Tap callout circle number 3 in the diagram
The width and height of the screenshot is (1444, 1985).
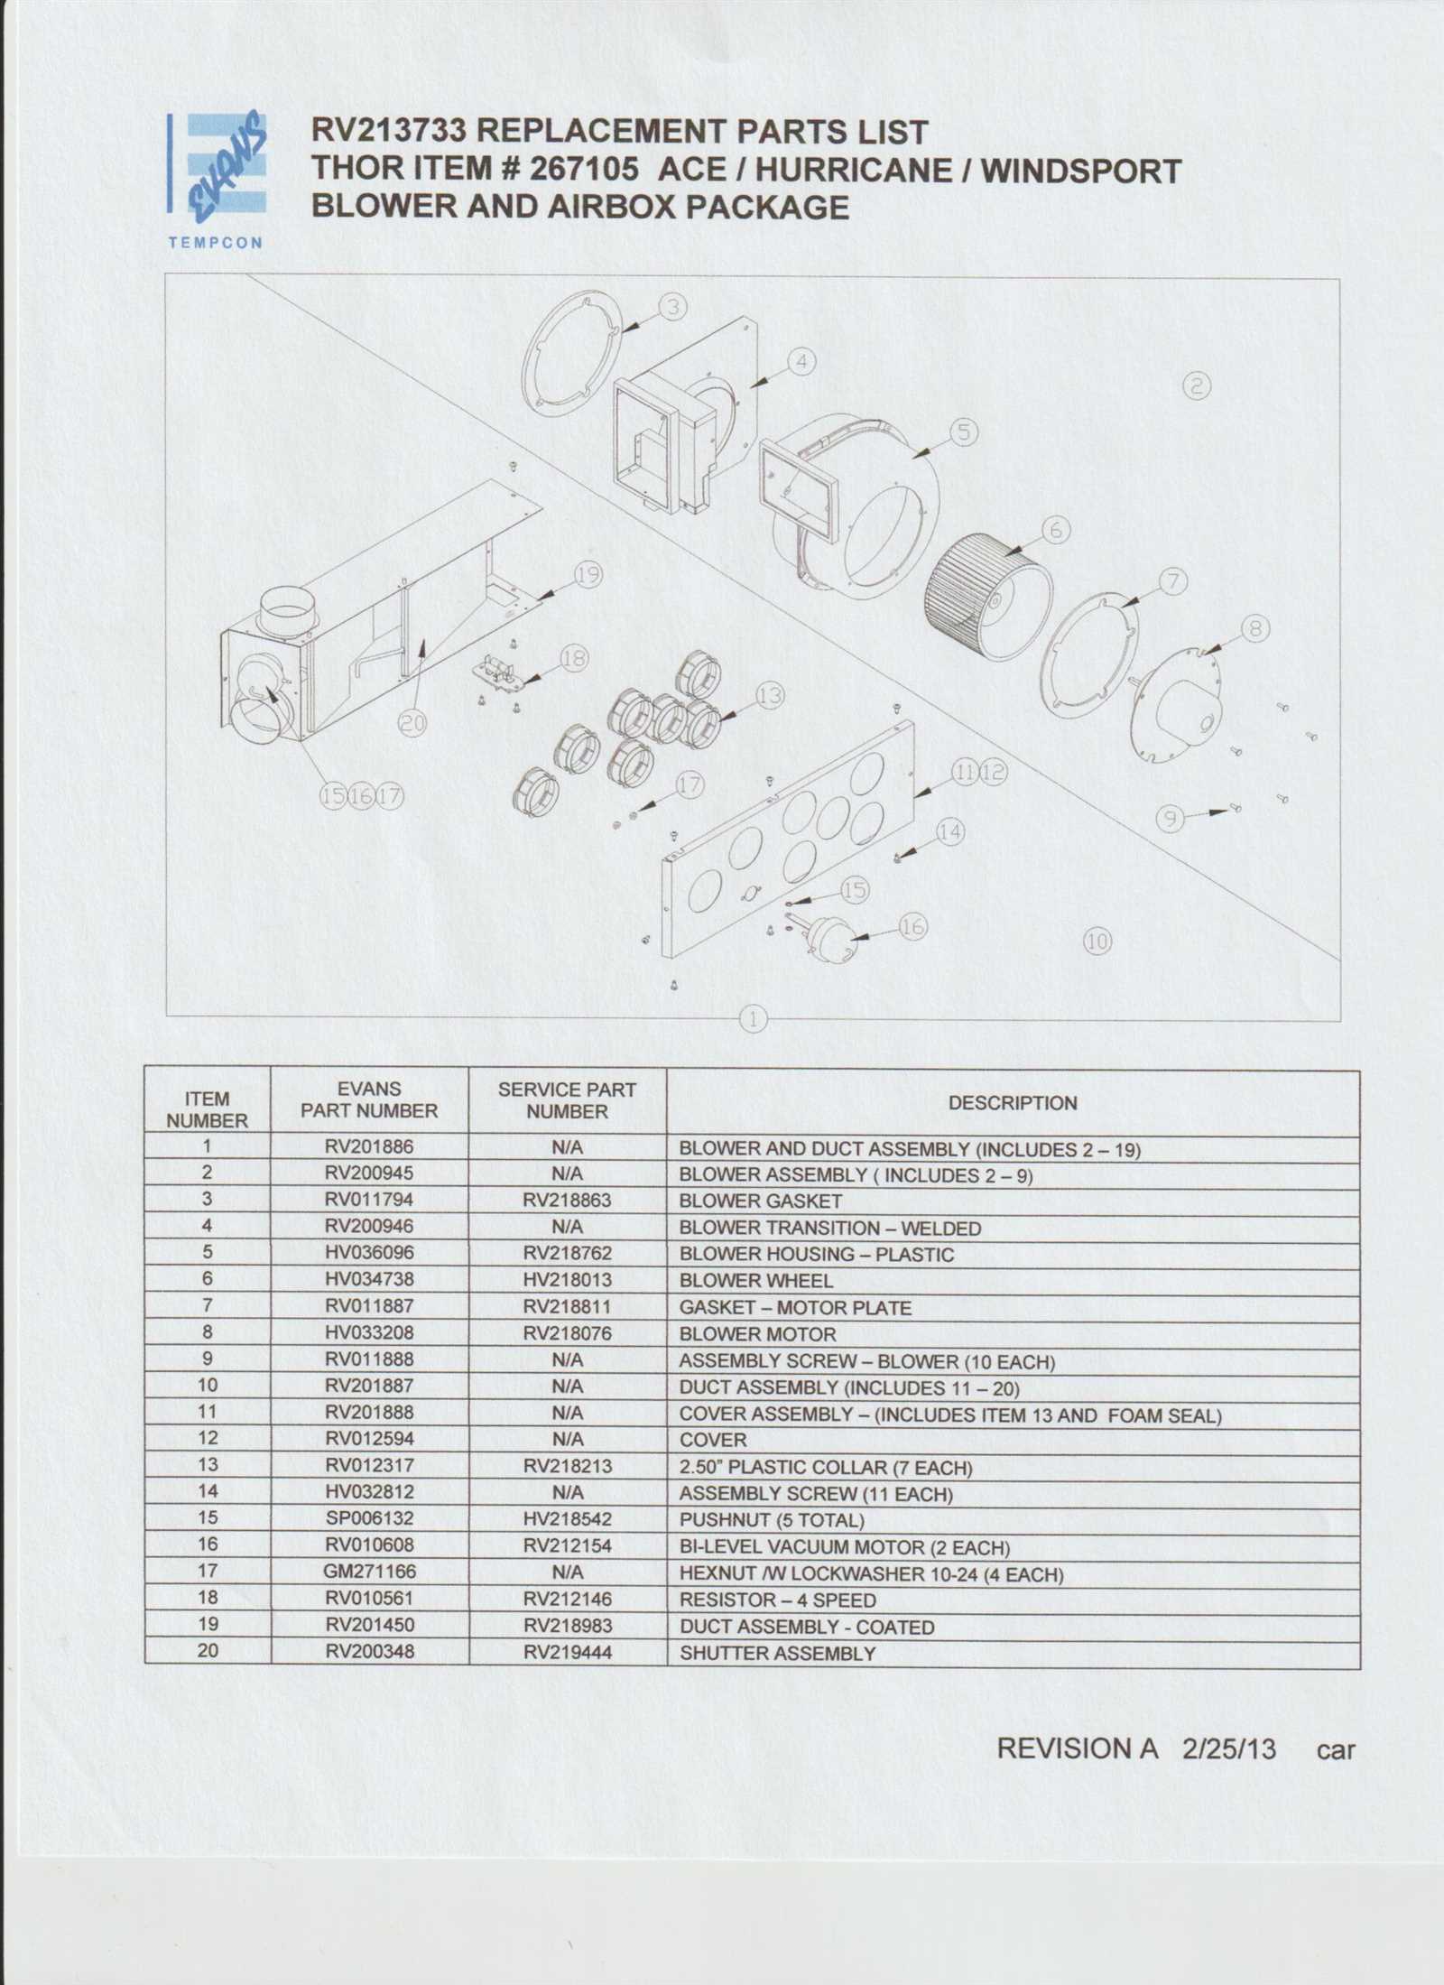click(672, 307)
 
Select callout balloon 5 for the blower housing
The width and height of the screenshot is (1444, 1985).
click(964, 432)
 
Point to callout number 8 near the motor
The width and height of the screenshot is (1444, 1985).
click(1255, 628)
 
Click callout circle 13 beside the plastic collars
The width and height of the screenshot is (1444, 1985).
click(770, 696)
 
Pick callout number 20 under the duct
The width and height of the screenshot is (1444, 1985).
click(412, 722)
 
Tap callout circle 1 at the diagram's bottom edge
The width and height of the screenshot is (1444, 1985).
click(753, 1019)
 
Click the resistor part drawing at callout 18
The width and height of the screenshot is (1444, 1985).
click(498, 672)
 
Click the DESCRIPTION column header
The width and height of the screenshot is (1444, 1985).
click(1012, 1103)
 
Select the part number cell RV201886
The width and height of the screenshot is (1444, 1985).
click(369, 1147)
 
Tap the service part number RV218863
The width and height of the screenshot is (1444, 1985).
click(567, 1201)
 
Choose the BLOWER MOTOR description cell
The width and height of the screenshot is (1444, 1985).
click(757, 1334)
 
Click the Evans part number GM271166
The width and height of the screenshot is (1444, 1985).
click(369, 1572)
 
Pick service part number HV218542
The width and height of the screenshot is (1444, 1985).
click(567, 1519)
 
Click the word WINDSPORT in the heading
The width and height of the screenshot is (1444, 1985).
click(1081, 170)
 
